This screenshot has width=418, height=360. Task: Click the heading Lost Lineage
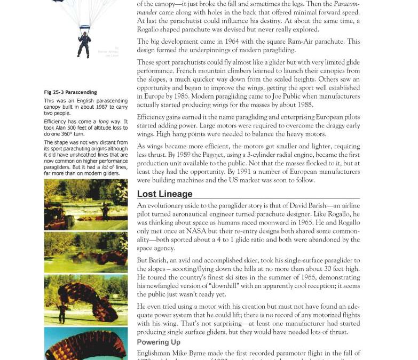pyautogui.click(x=164, y=194)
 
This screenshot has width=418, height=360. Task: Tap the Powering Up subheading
pyautogui.click(x=159, y=342)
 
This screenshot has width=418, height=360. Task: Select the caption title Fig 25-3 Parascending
pyautogui.click(x=69, y=92)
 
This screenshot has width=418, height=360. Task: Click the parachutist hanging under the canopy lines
pyautogui.click(x=84, y=44)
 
